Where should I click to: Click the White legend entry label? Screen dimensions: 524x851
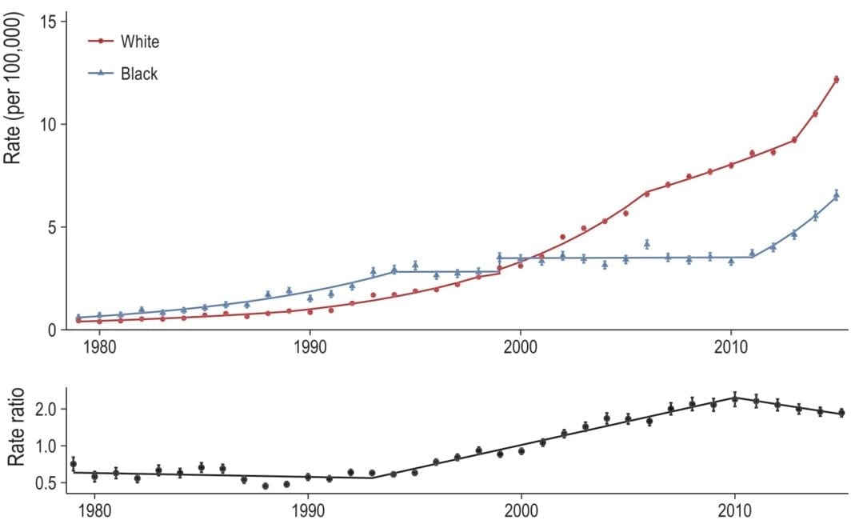140,41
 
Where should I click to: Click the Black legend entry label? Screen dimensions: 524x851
139,74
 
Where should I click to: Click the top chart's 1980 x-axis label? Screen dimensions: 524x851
99,351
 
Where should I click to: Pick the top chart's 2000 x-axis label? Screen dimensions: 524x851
521,351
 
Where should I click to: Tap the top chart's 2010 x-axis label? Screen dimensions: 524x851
731,351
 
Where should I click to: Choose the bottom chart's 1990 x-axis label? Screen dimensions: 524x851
309,510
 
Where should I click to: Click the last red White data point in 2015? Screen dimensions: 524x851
836,79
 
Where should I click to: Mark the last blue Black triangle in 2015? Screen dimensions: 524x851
836,194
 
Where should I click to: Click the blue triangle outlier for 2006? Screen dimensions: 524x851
647,243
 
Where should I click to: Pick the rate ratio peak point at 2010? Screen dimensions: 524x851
735,398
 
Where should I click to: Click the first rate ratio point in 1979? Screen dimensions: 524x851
73,464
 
